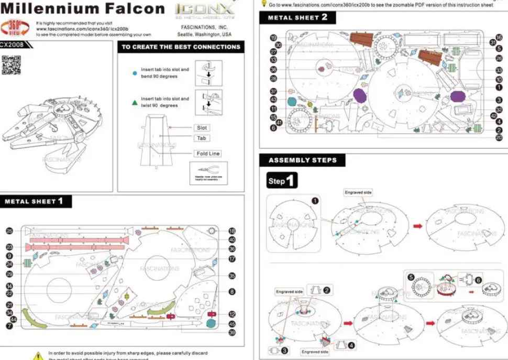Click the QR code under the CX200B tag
pyautogui.click(x=11, y=64)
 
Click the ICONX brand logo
pyautogui.click(x=204, y=10)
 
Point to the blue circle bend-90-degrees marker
pyautogui.click(x=135, y=73)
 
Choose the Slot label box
pyautogui.click(x=202, y=128)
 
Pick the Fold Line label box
pyautogui.click(x=208, y=154)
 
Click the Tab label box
pyautogui.click(x=201, y=138)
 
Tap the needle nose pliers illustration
pyautogui.click(x=208, y=172)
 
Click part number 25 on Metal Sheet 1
pyautogui.click(x=9, y=231)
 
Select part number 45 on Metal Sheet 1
pyautogui.click(x=231, y=323)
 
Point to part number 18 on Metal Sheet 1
pyautogui.click(x=231, y=231)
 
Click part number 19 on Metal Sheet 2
pyautogui.click(x=273, y=38)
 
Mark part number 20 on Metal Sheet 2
pyautogui.click(x=499, y=137)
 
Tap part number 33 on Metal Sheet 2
pyautogui.click(x=499, y=70)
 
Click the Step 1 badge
pyautogui.click(x=282, y=181)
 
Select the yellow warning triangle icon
pyautogui.click(x=38, y=356)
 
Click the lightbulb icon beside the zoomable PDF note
pyautogui.click(x=264, y=3)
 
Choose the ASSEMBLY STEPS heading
pyautogui.click(x=302, y=160)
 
